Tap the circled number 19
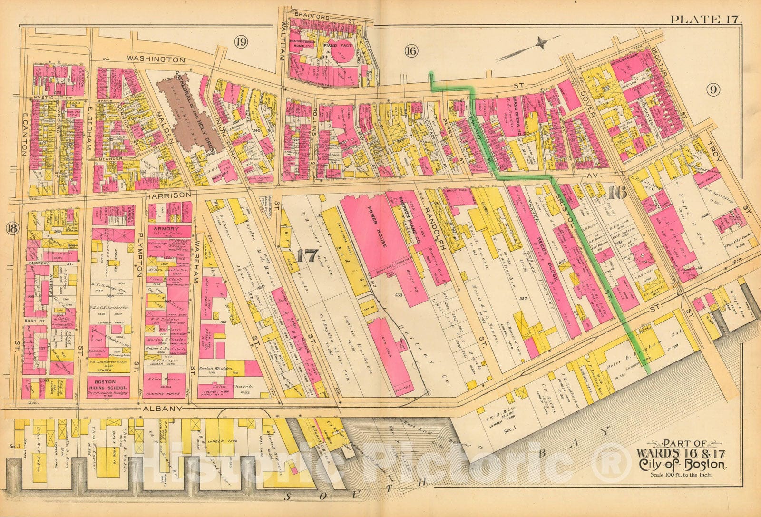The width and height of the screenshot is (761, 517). coord(241,42)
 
